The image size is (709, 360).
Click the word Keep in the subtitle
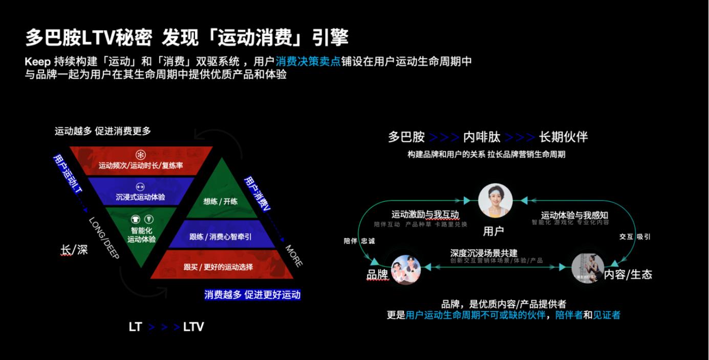(x=38, y=62)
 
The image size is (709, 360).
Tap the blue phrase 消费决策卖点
(x=308, y=62)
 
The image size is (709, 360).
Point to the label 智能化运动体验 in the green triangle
(x=141, y=235)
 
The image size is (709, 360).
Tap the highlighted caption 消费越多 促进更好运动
(x=252, y=294)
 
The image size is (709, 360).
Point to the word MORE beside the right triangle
(x=294, y=256)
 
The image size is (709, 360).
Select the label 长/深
(x=74, y=249)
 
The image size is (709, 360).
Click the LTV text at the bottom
(x=194, y=327)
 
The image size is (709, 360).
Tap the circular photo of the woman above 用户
(x=495, y=200)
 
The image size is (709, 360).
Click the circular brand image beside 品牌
(x=406, y=269)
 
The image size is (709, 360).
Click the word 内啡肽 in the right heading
(x=481, y=137)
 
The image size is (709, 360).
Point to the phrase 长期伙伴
(x=563, y=137)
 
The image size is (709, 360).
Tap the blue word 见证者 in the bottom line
(x=607, y=315)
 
